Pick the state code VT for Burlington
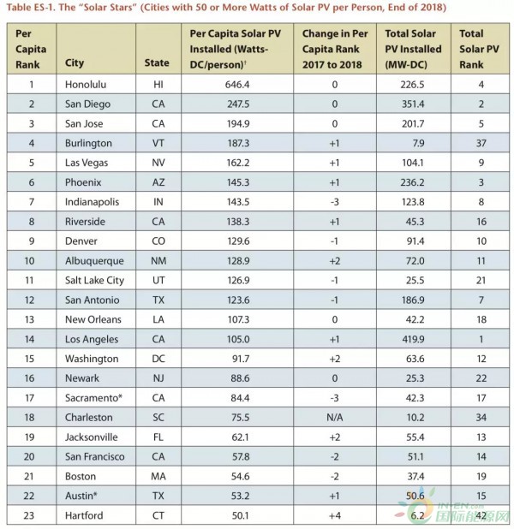click(x=158, y=143)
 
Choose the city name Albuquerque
click(x=94, y=259)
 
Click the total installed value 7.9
click(x=418, y=143)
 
